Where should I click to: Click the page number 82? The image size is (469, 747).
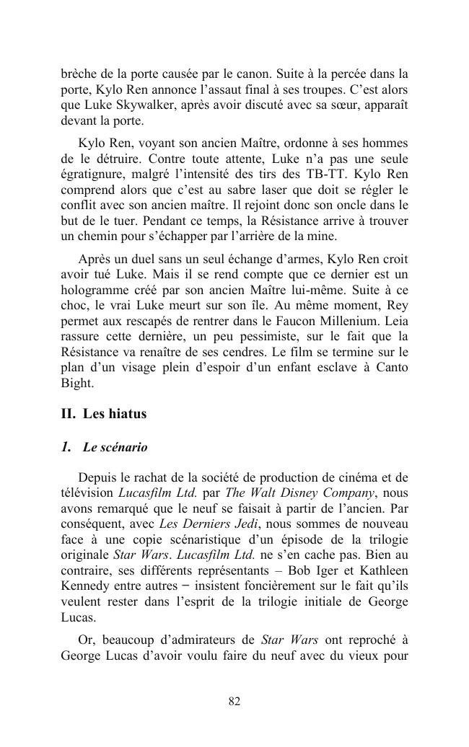click(234, 702)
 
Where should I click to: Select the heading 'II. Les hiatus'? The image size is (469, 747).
click(104, 414)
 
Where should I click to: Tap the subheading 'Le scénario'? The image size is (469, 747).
click(115, 448)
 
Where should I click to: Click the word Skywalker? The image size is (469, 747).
click(124, 105)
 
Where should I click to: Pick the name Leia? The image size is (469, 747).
click(396, 320)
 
